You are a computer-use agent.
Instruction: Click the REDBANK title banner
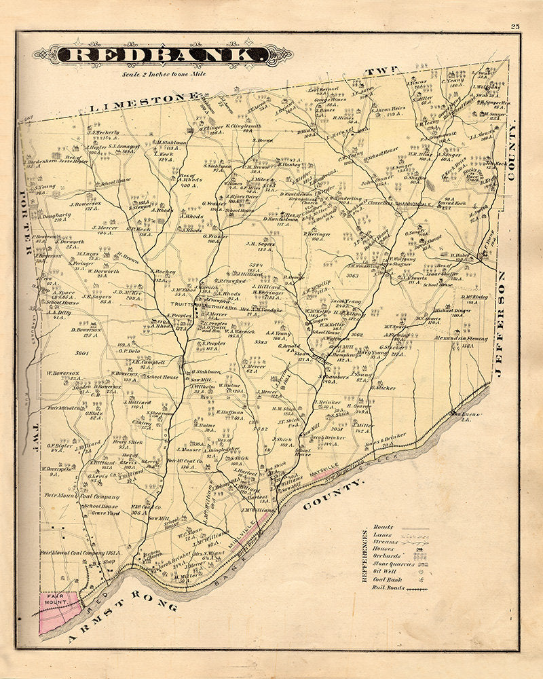click(163, 56)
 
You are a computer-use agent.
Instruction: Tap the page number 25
click(516, 26)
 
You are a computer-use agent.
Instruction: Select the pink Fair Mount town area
click(58, 611)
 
